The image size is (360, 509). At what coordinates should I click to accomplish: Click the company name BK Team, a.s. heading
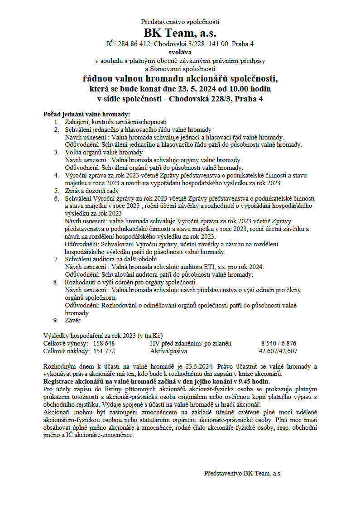[x=180, y=33]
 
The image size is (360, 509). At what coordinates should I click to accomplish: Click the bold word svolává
[x=180, y=52]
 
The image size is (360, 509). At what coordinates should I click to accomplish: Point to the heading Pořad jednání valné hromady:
[x=86, y=114]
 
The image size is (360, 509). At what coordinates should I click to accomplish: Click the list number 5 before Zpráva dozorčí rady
[x=56, y=191]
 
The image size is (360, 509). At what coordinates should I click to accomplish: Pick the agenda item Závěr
[x=72, y=320]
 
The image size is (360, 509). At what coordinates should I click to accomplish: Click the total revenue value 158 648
[x=104, y=343]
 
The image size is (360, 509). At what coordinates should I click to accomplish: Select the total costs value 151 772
[x=104, y=351]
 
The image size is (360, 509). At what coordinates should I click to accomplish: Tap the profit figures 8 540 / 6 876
[x=278, y=343]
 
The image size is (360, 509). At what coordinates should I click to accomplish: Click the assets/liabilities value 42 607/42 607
[x=278, y=351]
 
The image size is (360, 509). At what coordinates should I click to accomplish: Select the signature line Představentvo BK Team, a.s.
[x=243, y=473]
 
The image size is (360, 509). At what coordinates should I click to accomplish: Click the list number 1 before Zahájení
[x=56, y=122]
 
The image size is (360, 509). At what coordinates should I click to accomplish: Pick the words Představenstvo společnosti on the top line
[x=180, y=21]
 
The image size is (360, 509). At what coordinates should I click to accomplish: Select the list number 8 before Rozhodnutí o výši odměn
[x=56, y=282]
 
